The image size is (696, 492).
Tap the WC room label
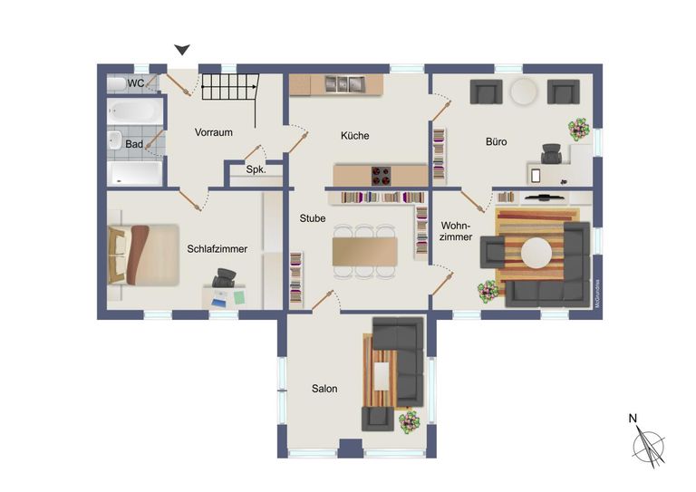(x=136, y=83)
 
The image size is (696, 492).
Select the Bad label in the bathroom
(x=134, y=144)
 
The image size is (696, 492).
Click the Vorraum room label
(x=214, y=132)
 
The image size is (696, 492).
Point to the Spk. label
(x=256, y=169)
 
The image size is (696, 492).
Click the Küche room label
(x=355, y=136)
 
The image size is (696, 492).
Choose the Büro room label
(x=496, y=142)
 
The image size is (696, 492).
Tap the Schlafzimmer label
(x=217, y=248)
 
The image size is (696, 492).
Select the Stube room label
(x=313, y=218)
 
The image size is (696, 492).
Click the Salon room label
(x=324, y=389)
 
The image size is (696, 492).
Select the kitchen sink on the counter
(x=343, y=84)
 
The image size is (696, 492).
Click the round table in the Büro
(x=525, y=92)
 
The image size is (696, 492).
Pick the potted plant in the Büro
(x=577, y=130)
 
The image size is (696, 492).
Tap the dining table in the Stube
(x=364, y=250)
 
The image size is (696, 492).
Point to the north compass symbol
(x=648, y=443)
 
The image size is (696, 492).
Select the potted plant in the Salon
(x=410, y=420)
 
